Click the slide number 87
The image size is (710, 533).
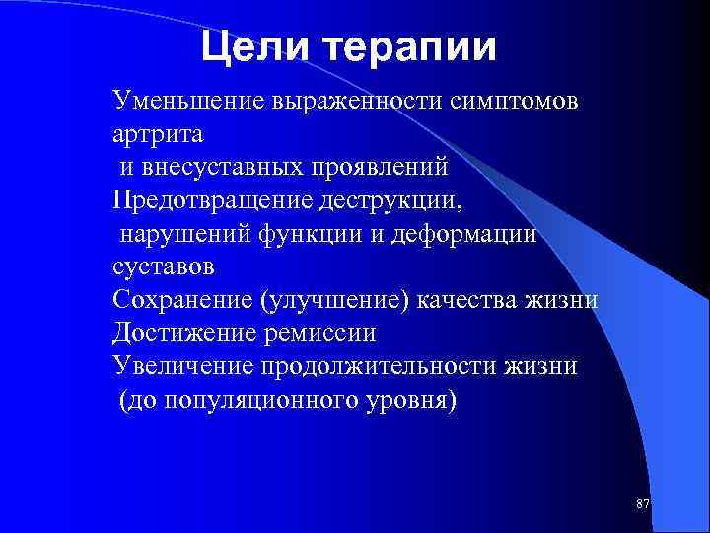tap(643, 504)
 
